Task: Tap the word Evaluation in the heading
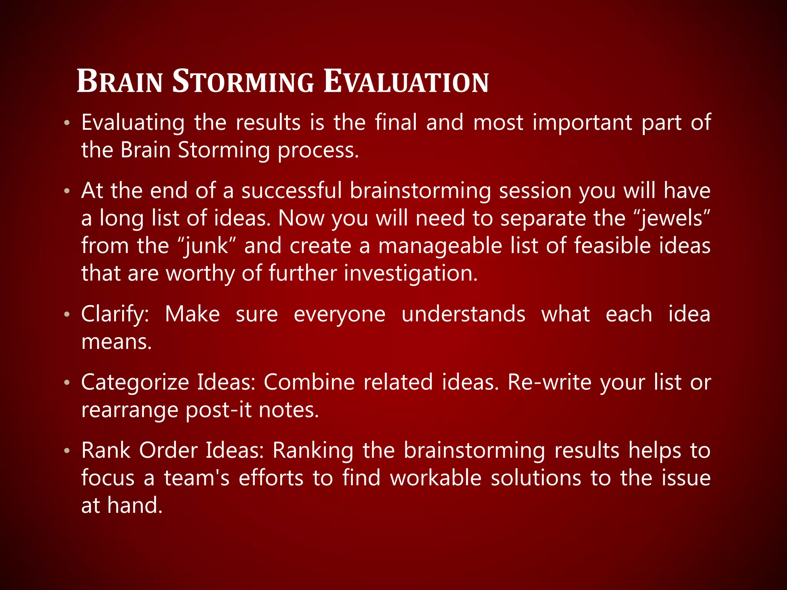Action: [x=406, y=81]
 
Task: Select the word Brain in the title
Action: [x=120, y=81]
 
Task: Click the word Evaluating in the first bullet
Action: [x=133, y=123]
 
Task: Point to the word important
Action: [x=582, y=123]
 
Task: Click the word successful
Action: [x=291, y=191]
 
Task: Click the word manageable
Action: [x=440, y=246]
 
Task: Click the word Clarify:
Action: [x=115, y=314]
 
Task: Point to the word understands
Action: [x=463, y=314]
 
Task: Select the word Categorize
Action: [x=135, y=383]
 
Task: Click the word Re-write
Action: [x=550, y=383]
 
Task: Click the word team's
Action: [x=196, y=478]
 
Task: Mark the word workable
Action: [x=436, y=478]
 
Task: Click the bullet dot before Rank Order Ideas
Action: [x=67, y=451]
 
